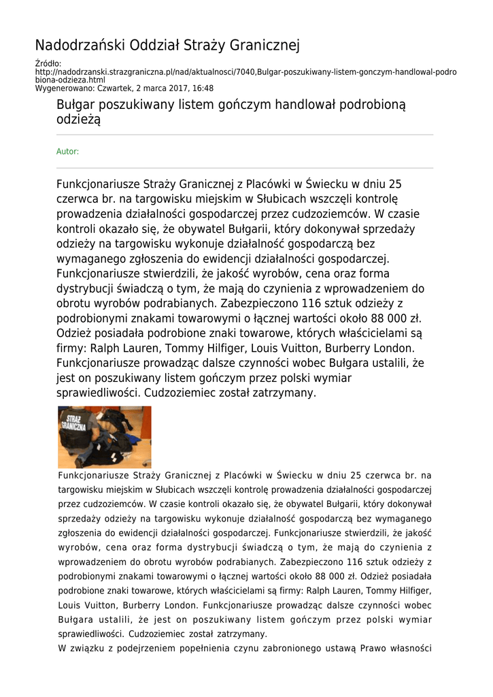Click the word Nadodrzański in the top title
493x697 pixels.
[77, 46]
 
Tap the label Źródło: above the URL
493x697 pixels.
[48, 64]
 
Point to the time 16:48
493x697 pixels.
[202, 88]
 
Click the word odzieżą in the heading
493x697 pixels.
[78, 120]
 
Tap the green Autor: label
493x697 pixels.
[67, 151]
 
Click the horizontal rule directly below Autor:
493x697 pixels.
[244, 168]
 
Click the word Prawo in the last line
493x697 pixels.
[378, 648]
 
